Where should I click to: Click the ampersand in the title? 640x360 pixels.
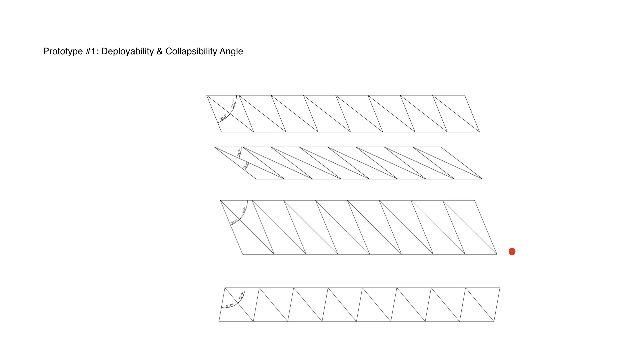click(x=159, y=51)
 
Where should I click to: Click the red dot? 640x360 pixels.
click(x=512, y=252)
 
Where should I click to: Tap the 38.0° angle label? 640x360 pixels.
click(x=233, y=104)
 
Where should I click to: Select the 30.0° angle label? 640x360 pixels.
click(x=223, y=118)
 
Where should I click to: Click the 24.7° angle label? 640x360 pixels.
click(x=239, y=153)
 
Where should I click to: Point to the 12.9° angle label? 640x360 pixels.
click(x=246, y=166)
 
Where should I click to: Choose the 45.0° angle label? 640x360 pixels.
click(x=244, y=210)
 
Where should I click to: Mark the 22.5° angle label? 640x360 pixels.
click(x=234, y=222)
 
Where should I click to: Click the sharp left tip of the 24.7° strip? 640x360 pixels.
click(x=215, y=147)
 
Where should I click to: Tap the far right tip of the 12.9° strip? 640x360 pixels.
click(x=482, y=179)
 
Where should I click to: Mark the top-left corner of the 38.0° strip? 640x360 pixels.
click(x=207, y=95)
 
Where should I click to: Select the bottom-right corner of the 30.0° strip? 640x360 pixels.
click(x=479, y=132)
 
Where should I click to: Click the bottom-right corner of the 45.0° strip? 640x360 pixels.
click(x=497, y=254)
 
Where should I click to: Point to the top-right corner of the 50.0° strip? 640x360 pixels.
click(x=500, y=288)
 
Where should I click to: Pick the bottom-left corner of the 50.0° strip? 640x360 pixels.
click(x=219, y=321)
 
